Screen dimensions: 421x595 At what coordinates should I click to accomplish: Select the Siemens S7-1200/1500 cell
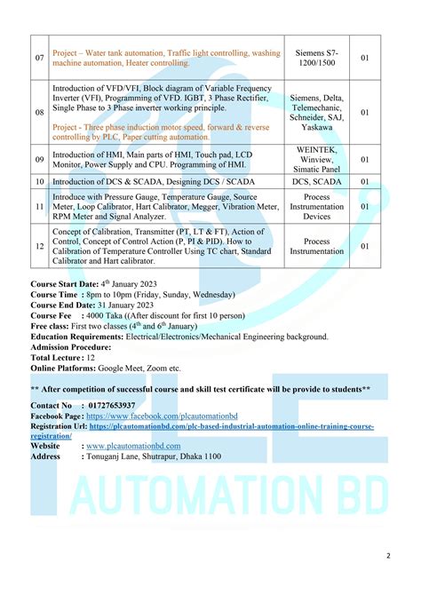[x=317, y=58]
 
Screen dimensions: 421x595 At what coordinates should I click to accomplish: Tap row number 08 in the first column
[x=39, y=113]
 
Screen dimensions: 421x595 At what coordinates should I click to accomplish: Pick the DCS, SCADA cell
[x=317, y=181]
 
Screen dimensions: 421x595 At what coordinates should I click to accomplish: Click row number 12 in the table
[x=39, y=246]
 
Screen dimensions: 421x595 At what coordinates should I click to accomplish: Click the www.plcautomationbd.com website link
[x=133, y=446]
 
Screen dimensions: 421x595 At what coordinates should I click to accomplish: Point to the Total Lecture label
[x=58, y=357]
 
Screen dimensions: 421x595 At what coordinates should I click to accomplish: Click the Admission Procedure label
[x=71, y=347]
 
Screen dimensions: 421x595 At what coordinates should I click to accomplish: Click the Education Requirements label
[x=78, y=337]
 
